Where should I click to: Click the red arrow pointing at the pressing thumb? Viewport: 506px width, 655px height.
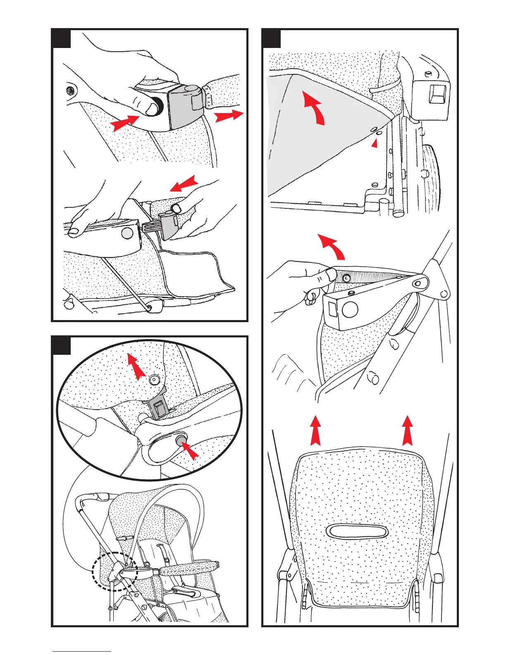pyautogui.click(x=124, y=122)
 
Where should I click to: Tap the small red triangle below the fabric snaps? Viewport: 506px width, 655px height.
pyautogui.click(x=375, y=143)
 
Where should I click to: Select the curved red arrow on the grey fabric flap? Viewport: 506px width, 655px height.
pyautogui.click(x=315, y=107)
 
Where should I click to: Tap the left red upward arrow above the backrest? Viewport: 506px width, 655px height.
pyautogui.click(x=315, y=430)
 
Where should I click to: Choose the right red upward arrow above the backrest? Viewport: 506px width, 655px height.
pyautogui.click(x=408, y=430)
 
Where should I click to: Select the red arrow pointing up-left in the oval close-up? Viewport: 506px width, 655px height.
pyautogui.click(x=136, y=366)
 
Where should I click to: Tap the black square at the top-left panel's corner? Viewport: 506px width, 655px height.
pyautogui.click(x=61, y=38)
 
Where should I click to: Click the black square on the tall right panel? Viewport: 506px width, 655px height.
pyautogui.click(x=272, y=38)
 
